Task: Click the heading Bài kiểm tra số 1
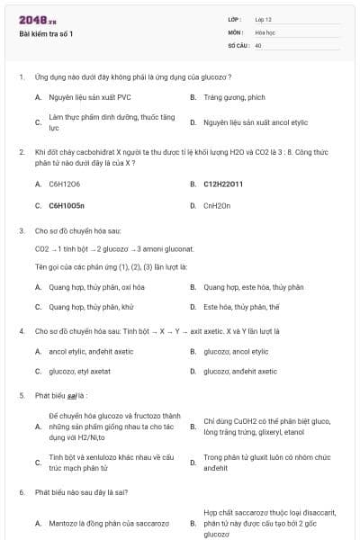pos(47,34)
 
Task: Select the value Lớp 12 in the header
pos(263,19)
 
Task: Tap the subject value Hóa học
pos(265,31)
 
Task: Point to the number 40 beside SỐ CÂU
pos(258,44)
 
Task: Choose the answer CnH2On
pos(217,205)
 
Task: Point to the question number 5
pos(21,395)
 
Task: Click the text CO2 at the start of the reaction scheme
pos(41,248)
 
